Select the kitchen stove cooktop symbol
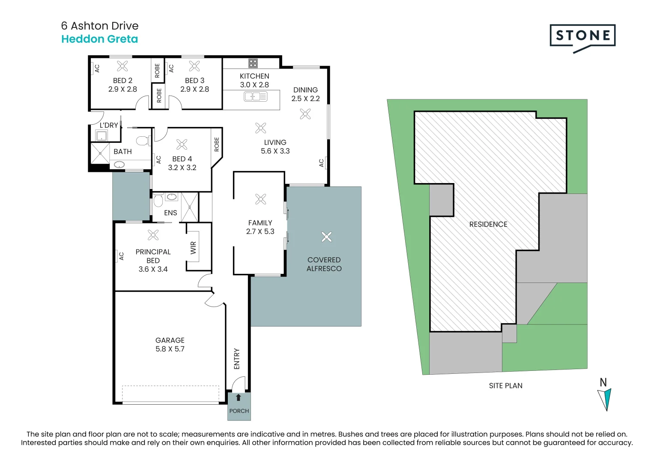(x=253, y=63)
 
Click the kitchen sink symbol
(x=255, y=97)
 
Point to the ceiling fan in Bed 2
(x=122, y=66)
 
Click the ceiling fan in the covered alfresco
(x=326, y=237)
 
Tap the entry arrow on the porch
(x=239, y=397)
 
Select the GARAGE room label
(x=170, y=340)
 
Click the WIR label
(x=193, y=248)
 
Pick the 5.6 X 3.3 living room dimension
(x=275, y=151)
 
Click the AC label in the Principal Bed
(x=121, y=256)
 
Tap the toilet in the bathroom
(x=142, y=140)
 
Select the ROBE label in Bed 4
(x=217, y=144)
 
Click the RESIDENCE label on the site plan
(x=488, y=224)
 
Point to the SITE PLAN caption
(x=505, y=385)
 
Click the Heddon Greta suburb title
(x=99, y=39)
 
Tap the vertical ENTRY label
(x=237, y=358)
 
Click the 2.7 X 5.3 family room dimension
(x=260, y=231)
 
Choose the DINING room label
(x=305, y=90)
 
